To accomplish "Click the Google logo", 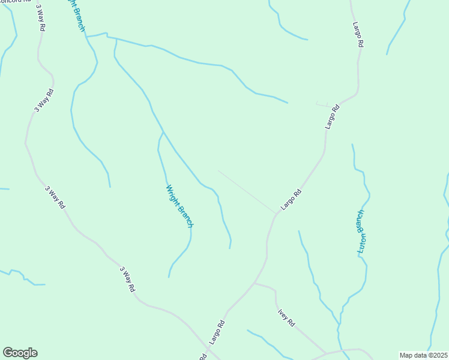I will tap(20, 353).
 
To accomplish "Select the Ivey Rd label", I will tap(286, 317).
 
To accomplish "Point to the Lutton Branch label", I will tap(361, 232).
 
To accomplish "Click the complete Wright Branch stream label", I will tap(179, 206).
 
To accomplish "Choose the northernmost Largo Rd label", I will tap(358, 35).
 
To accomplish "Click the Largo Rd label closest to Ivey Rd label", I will tap(217, 332).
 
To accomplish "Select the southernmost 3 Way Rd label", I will tap(127, 280).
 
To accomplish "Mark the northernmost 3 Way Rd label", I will tap(41, 17).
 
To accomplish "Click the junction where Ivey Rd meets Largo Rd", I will tap(255, 283).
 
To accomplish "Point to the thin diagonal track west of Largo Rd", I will tap(246, 191).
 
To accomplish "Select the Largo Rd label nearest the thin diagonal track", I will tap(290, 200).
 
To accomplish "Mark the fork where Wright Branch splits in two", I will tap(163, 132).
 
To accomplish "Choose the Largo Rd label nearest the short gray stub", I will tap(332, 117).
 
